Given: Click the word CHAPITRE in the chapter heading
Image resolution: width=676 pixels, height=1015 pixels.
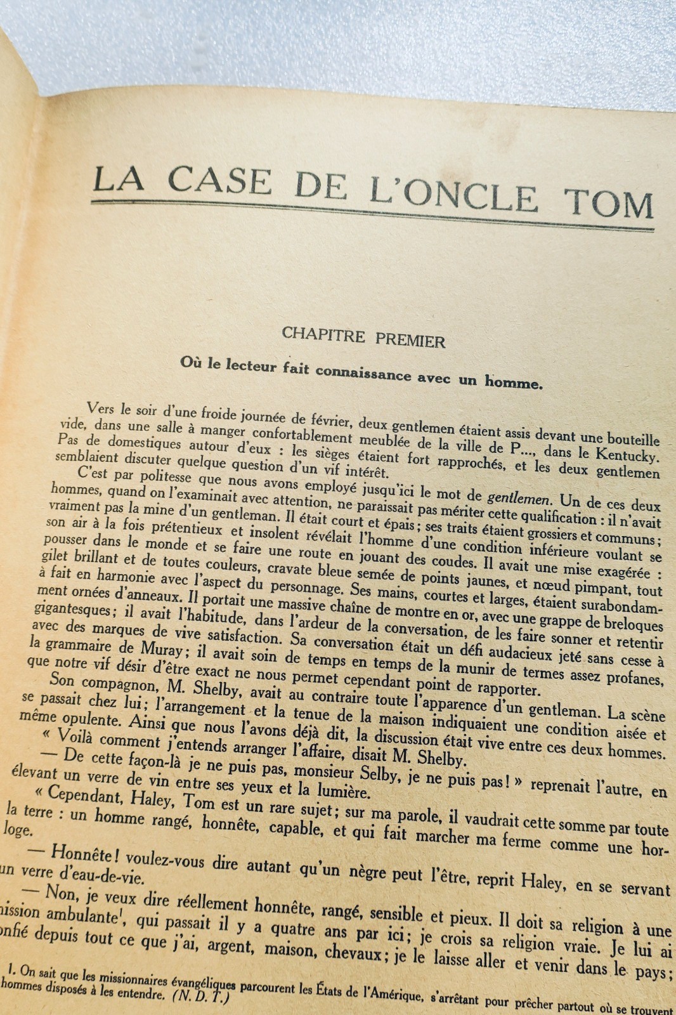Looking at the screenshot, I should coord(323,335).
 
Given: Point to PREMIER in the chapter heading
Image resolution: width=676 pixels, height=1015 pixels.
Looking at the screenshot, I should coord(410,340).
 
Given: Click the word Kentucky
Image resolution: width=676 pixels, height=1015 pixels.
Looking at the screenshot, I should coord(625,456).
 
